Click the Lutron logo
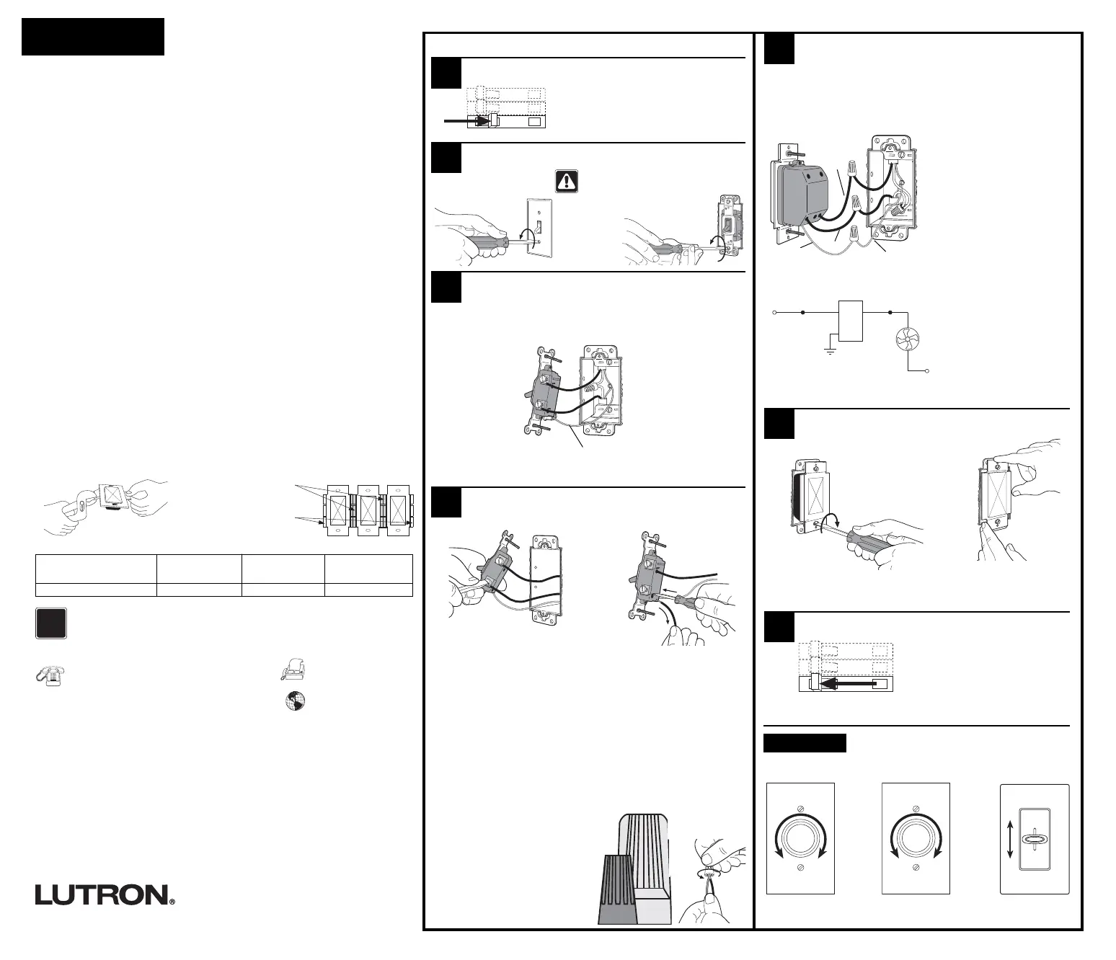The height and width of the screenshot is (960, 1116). click(x=105, y=894)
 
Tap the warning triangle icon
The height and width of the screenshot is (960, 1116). click(x=566, y=180)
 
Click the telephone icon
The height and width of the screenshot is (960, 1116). click(x=48, y=674)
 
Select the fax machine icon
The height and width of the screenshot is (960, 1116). click(x=293, y=670)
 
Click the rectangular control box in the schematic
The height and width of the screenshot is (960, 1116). click(x=851, y=320)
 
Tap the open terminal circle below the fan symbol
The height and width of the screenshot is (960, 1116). click(x=927, y=370)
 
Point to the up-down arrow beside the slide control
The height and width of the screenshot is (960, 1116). click(x=1010, y=839)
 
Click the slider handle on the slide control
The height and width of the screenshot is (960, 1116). click(x=1035, y=839)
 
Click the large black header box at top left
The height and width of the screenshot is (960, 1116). click(x=93, y=37)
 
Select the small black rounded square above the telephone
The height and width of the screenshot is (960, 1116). click(x=51, y=623)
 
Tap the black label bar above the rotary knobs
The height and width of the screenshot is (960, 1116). click(x=805, y=743)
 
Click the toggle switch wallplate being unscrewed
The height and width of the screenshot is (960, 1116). click(x=537, y=227)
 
